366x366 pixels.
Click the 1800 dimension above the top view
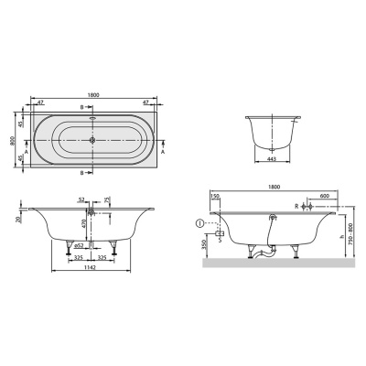[x=96, y=93]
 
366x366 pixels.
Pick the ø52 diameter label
[x=80, y=245]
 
